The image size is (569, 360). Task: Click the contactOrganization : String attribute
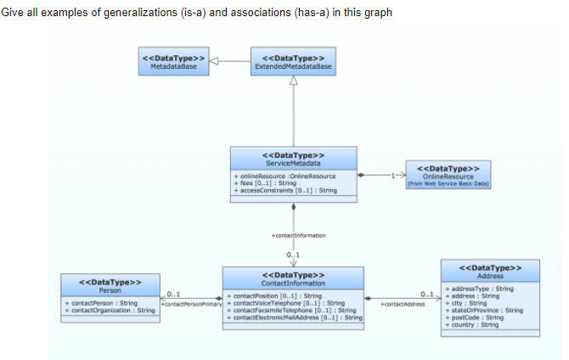[110, 310]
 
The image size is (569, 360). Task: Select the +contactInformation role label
[293, 233]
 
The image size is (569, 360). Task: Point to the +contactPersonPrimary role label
[191, 303]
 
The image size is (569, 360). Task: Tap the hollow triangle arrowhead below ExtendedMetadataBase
[293, 81]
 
